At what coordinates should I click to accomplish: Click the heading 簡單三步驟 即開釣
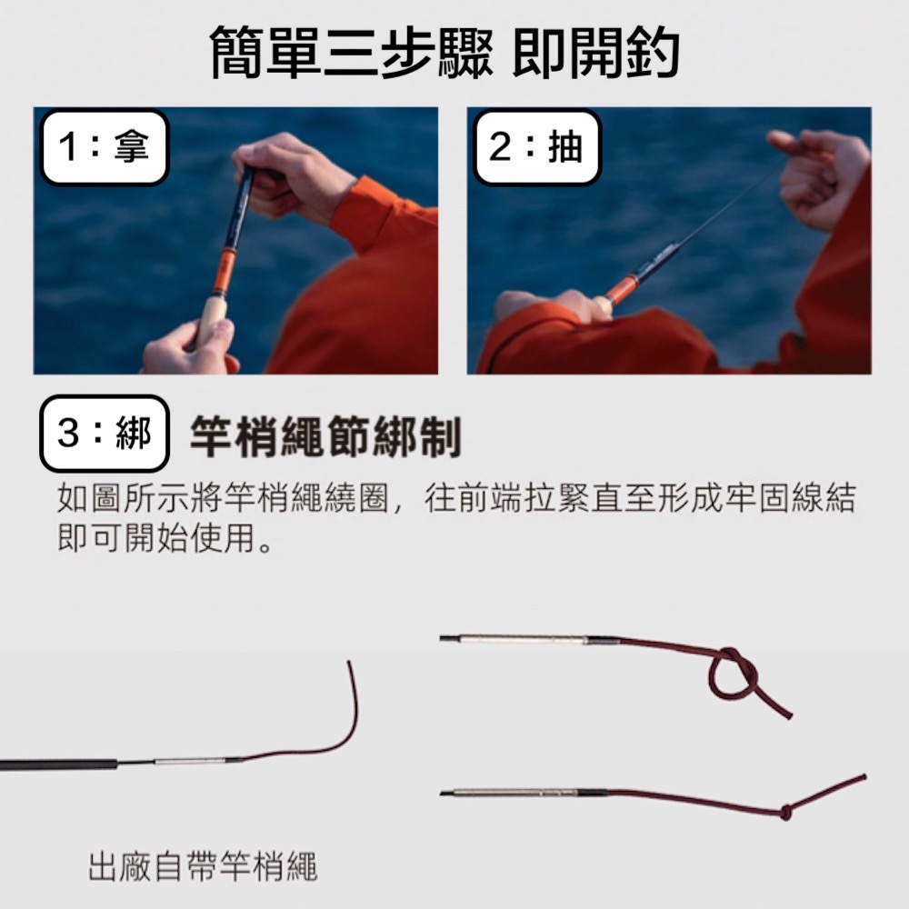pos(445,52)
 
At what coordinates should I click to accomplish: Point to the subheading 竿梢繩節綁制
pos(325,437)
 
